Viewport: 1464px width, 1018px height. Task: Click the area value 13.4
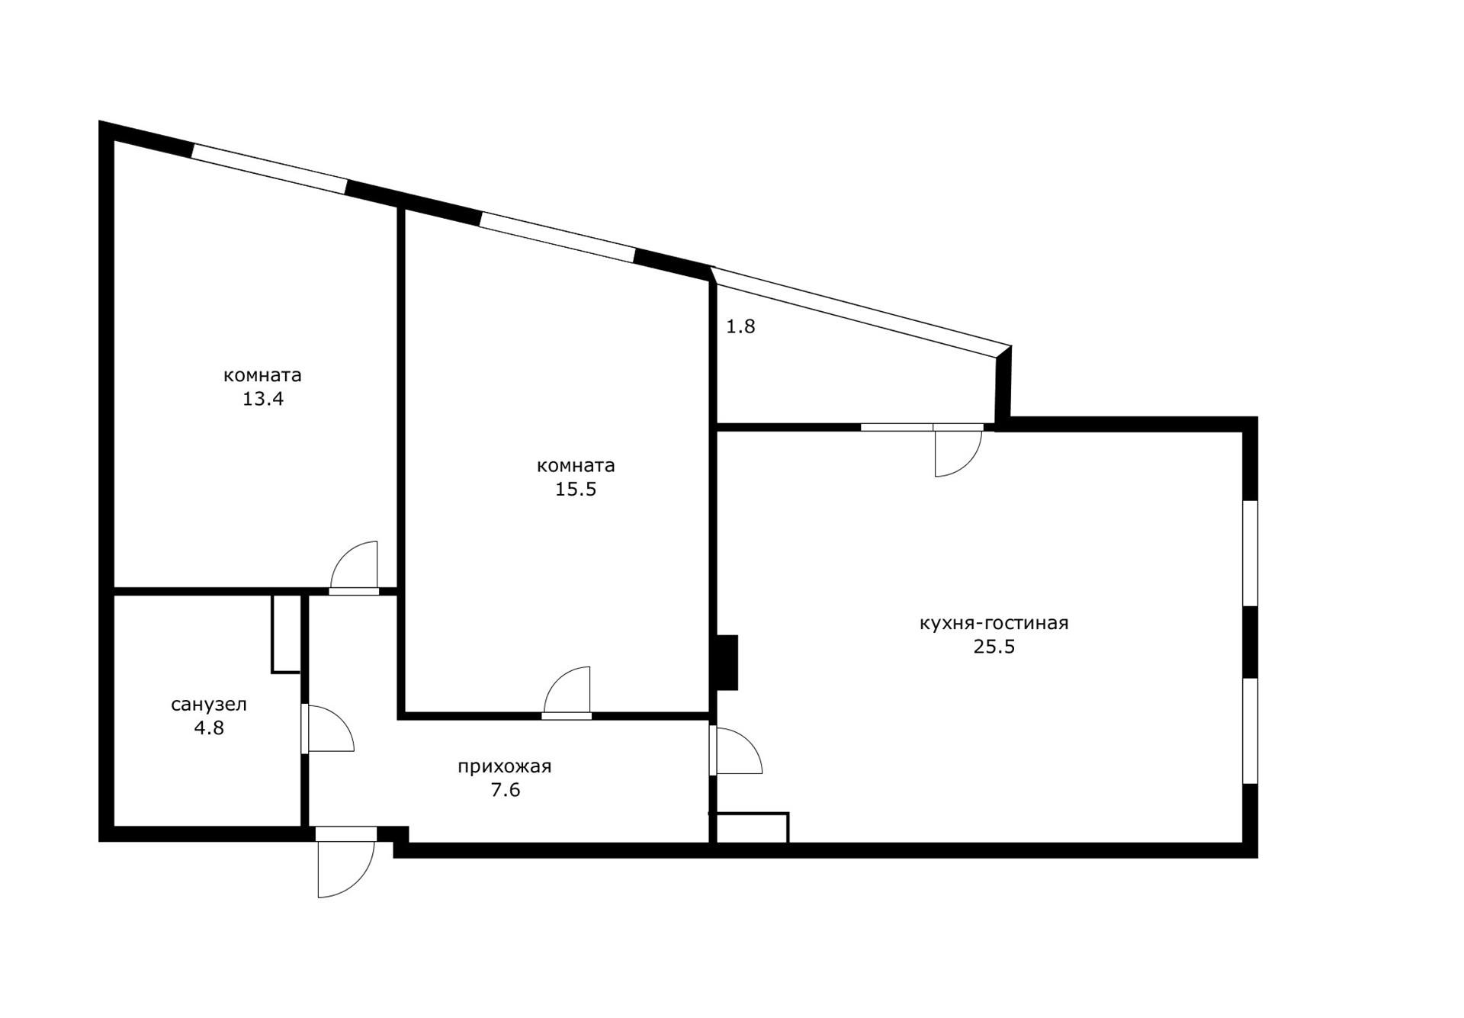(x=263, y=399)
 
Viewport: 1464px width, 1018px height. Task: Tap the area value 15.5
(x=576, y=489)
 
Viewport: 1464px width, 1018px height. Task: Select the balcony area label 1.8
(x=740, y=326)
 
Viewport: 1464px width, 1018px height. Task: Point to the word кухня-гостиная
(x=994, y=624)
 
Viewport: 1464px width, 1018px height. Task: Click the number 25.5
(x=994, y=647)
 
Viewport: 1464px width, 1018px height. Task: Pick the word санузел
(x=209, y=705)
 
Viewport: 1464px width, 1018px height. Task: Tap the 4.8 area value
(x=209, y=727)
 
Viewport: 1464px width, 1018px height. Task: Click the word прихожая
(x=505, y=767)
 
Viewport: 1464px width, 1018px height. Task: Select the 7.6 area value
(x=506, y=790)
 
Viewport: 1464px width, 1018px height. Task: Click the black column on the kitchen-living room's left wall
(x=727, y=663)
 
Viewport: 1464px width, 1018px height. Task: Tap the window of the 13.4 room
(x=269, y=169)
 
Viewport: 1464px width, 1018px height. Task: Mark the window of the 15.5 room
(x=558, y=238)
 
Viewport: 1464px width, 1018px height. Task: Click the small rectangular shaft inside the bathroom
(x=286, y=634)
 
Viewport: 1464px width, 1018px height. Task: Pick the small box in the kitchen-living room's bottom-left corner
(x=751, y=828)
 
